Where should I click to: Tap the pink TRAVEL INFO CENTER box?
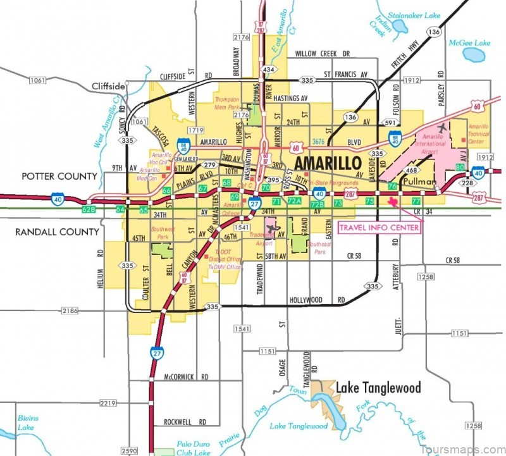(379, 227)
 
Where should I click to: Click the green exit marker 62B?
(89, 209)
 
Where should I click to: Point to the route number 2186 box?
(71, 311)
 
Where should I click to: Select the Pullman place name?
(419, 182)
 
